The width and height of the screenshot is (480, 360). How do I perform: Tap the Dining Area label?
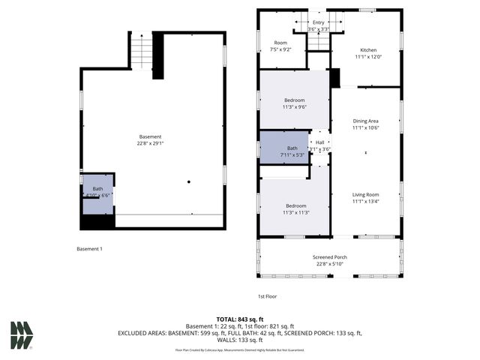coord(366,121)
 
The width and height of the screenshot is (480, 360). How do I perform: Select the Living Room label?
coord(366,194)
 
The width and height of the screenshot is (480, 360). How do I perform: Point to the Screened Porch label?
coord(330,257)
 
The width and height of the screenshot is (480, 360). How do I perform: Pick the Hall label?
coord(320,142)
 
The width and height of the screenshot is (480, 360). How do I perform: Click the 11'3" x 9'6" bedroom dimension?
coord(294,107)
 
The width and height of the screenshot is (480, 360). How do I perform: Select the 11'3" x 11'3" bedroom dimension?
coord(294,212)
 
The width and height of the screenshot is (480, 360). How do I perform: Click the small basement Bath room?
coord(97,191)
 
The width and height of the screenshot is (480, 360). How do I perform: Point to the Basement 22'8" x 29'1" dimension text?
coord(149,143)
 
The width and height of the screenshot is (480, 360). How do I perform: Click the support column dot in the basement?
coord(189,181)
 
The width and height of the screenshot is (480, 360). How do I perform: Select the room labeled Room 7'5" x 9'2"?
coord(280,46)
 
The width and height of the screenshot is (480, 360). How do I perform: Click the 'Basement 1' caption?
coord(89,249)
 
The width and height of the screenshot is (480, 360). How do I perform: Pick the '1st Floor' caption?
coord(268,296)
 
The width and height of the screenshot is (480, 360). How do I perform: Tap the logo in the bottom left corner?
coord(21,335)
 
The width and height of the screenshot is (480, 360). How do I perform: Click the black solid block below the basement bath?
coord(97,222)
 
